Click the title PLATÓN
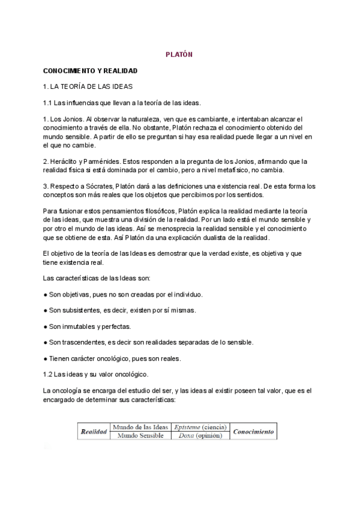[x=179, y=55]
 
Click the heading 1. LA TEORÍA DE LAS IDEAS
[x=88, y=86]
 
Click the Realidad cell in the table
[x=94, y=431]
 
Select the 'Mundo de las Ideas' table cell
[x=140, y=427]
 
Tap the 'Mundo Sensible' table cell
[x=140, y=435]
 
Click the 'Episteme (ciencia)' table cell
[x=199, y=427]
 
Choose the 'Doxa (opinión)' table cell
[x=199, y=435]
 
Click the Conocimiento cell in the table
[x=253, y=431]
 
